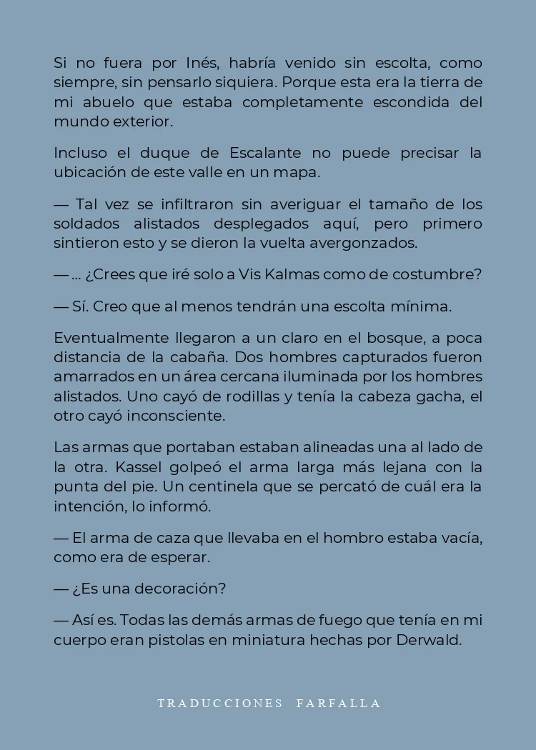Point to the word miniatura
272,640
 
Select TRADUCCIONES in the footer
220,703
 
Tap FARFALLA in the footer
338,703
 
